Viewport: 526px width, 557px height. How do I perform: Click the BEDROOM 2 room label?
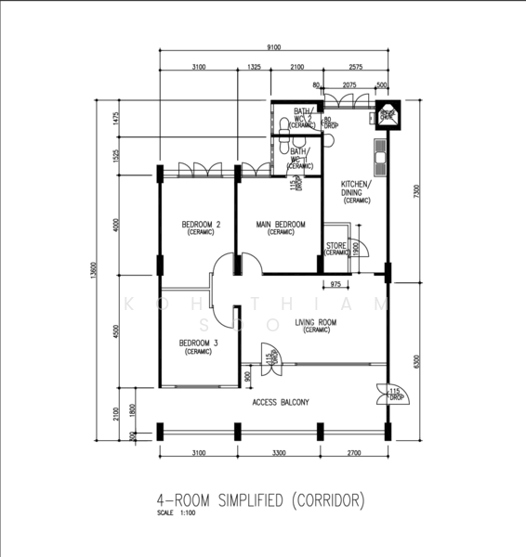(200, 226)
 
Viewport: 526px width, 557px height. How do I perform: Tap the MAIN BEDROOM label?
(281, 226)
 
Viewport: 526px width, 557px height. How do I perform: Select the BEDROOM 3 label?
(199, 344)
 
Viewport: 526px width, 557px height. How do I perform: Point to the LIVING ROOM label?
(316, 324)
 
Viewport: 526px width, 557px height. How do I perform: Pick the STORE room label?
(335, 247)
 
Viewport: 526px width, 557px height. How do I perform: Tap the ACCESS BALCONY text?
(281, 402)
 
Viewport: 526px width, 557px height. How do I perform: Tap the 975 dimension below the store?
(335, 284)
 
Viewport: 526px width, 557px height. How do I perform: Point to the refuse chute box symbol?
(386, 117)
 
